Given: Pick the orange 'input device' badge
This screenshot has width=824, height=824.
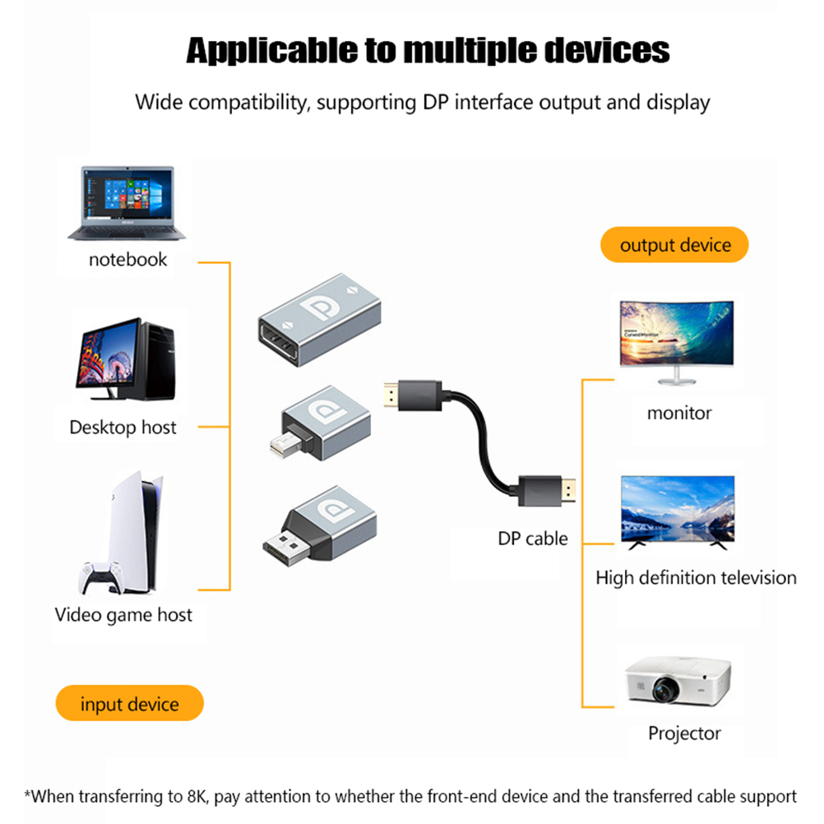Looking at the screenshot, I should point(129,704).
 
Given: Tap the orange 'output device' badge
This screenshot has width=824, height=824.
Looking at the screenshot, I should point(675,245).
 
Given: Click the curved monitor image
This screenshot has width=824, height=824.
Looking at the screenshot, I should point(675,339).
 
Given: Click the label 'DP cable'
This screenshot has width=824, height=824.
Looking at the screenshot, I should point(533,539).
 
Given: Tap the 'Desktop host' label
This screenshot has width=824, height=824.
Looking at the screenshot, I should point(123,428).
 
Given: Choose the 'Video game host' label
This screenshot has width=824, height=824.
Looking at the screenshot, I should point(123,614).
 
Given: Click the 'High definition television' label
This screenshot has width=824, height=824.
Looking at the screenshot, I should point(696,577).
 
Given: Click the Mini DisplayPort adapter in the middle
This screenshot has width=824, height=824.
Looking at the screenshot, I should point(323,424).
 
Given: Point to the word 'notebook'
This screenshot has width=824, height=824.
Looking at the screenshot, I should point(127,260).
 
